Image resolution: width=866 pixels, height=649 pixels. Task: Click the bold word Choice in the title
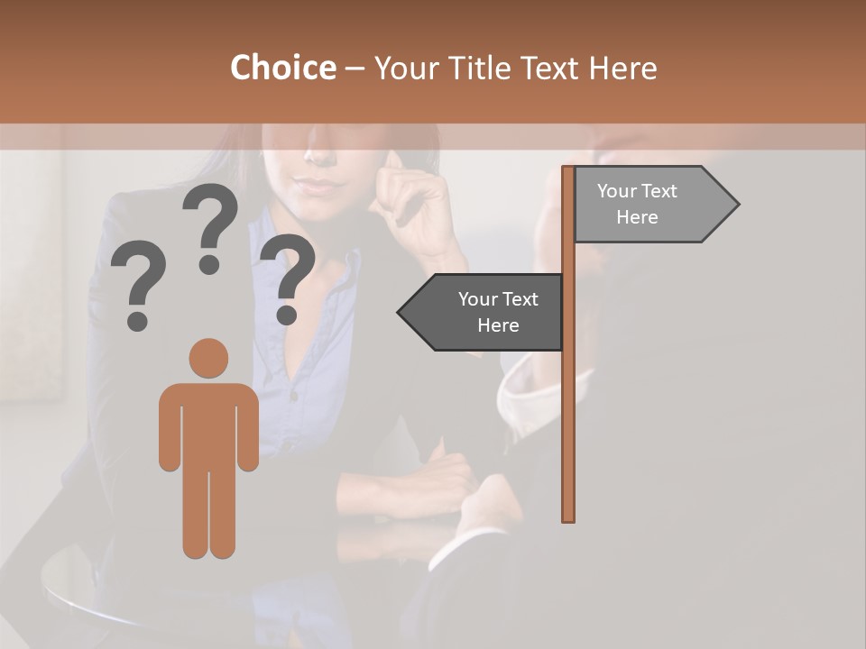(x=282, y=68)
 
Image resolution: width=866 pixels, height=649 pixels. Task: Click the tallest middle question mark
(x=210, y=225)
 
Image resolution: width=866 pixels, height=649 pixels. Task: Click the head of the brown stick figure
(x=208, y=359)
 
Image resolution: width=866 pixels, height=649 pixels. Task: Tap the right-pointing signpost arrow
(x=649, y=205)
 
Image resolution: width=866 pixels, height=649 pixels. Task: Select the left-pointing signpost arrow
(x=483, y=312)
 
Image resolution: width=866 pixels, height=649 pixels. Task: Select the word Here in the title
(x=622, y=68)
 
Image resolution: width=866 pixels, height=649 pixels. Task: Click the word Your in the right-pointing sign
(x=617, y=191)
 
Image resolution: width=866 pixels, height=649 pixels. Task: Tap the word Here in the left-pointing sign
(x=498, y=325)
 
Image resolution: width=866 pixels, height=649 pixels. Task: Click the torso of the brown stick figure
(x=208, y=424)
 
